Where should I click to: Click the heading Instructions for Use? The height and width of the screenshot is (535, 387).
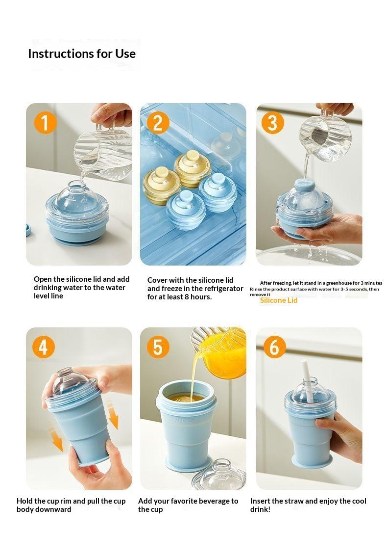[82, 53]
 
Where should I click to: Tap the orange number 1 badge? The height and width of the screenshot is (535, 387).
[45, 122]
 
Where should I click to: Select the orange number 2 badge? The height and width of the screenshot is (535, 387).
[158, 122]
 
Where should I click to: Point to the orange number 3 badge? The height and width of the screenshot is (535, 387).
[273, 122]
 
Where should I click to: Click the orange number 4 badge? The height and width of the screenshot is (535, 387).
[44, 347]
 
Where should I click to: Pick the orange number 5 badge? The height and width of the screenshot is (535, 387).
[158, 347]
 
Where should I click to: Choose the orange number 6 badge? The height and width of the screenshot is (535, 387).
[274, 347]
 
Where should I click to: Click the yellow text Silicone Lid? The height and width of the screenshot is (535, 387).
[279, 300]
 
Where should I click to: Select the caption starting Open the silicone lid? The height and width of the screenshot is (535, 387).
[79, 288]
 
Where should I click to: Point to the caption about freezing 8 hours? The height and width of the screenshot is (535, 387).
[195, 289]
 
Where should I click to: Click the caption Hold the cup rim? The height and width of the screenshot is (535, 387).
[71, 505]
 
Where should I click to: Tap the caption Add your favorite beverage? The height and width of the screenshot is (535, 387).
[188, 505]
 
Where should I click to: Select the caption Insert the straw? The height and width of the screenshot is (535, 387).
[308, 505]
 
